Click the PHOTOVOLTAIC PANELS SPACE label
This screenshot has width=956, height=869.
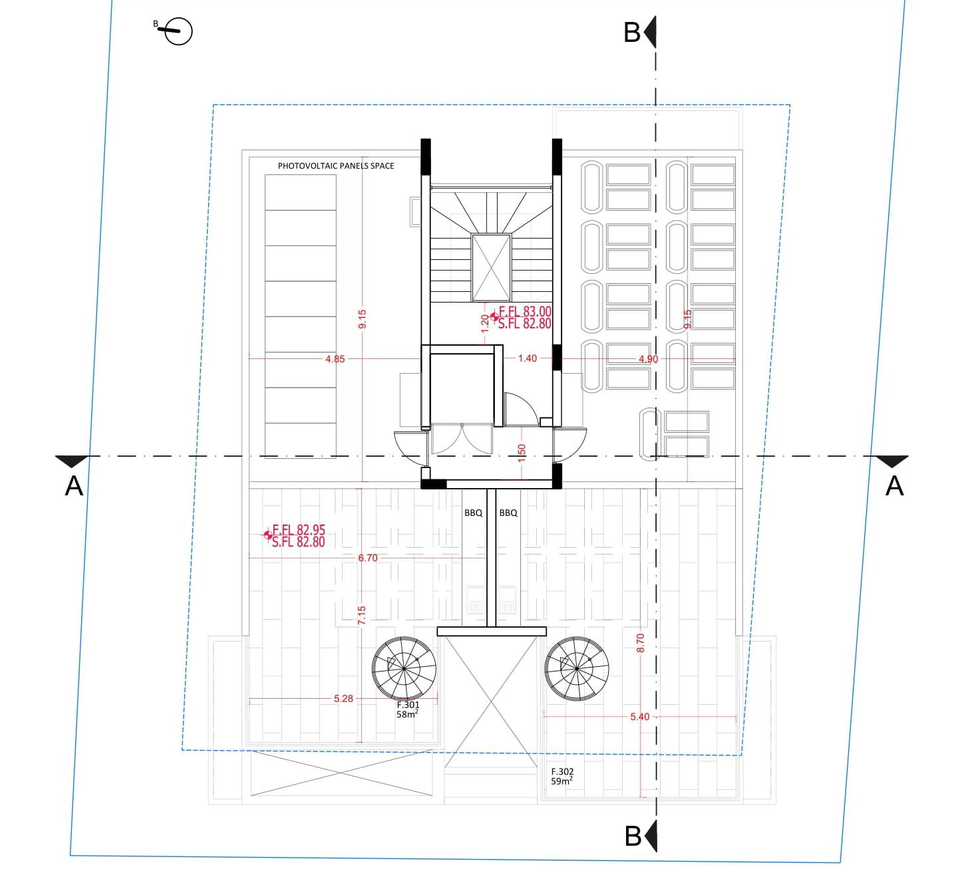coord(336,166)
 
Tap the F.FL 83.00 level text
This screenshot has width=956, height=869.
coord(525,312)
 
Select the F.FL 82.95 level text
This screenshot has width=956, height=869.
coord(298,530)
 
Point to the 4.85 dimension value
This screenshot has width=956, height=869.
coord(335,359)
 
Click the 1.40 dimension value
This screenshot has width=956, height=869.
coord(528,358)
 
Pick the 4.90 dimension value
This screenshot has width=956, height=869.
coord(648,359)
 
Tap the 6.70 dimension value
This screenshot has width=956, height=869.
coord(368,558)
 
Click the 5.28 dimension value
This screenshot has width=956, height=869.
coord(343,698)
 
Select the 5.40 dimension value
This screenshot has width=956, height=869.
coord(639,717)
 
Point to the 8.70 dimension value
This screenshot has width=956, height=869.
coord(641,643)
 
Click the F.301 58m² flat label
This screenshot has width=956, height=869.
coord(408,709)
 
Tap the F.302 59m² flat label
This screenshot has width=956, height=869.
coord(562,776)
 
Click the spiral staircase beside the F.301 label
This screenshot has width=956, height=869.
coord(404,668)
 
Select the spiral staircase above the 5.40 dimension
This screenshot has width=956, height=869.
coord(577,668)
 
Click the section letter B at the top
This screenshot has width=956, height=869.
coord(632,33)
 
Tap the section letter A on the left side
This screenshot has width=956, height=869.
coord(74,487)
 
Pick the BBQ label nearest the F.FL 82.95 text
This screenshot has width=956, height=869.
coord(473,513)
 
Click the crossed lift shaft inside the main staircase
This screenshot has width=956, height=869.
coord(491,268)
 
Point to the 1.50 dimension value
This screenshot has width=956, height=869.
coord(522,453)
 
